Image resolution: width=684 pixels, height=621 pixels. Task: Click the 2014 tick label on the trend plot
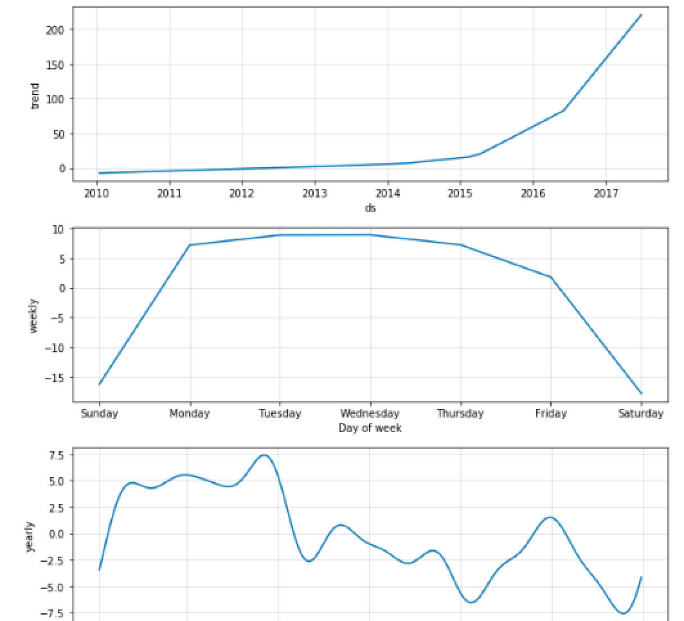(387, 193)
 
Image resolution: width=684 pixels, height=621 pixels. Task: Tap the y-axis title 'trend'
(35, 96)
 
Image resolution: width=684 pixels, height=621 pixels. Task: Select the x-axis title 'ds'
(370, 208)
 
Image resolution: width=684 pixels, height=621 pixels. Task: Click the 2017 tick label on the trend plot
(606, 193)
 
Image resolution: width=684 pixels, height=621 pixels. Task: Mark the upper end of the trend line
(641, 15)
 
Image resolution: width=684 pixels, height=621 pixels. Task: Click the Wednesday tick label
(370, 413)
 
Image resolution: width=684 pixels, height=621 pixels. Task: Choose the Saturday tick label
(640, 413)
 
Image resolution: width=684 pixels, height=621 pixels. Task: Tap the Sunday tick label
(100, 413)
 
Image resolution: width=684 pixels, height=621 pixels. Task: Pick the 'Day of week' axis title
(370, 428)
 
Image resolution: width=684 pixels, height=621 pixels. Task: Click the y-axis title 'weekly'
(34, 315)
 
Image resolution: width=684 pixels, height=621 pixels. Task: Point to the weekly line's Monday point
(190, 245)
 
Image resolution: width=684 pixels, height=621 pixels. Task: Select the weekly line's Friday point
(551, 277)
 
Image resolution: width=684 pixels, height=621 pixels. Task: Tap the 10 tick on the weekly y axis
(58, 230)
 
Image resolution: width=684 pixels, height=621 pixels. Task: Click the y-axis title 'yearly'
(30, 537)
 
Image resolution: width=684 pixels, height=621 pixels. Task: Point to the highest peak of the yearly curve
(264, 455)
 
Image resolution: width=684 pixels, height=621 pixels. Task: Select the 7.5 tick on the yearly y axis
(55, 455)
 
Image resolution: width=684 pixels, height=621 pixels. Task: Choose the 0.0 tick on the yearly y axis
(55, 534)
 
